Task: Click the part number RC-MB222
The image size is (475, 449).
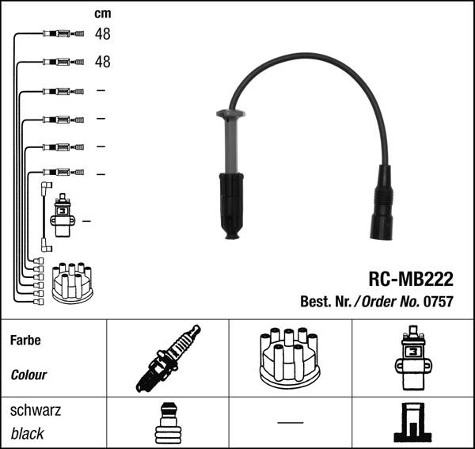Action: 410,280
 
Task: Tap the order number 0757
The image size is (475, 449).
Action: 438,302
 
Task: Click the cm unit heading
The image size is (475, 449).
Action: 103,13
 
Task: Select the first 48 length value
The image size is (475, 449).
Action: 103,34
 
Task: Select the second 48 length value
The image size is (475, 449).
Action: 103,61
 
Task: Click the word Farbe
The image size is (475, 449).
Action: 25,341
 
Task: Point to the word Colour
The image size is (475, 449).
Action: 29,375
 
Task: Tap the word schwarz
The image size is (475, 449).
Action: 35,411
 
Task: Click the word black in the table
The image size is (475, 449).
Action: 28,434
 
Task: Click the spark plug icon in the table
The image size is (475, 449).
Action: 168,359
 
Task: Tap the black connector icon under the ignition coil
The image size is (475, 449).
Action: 412,422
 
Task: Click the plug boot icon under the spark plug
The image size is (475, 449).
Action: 167,422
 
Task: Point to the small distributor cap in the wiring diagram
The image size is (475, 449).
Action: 72,283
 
